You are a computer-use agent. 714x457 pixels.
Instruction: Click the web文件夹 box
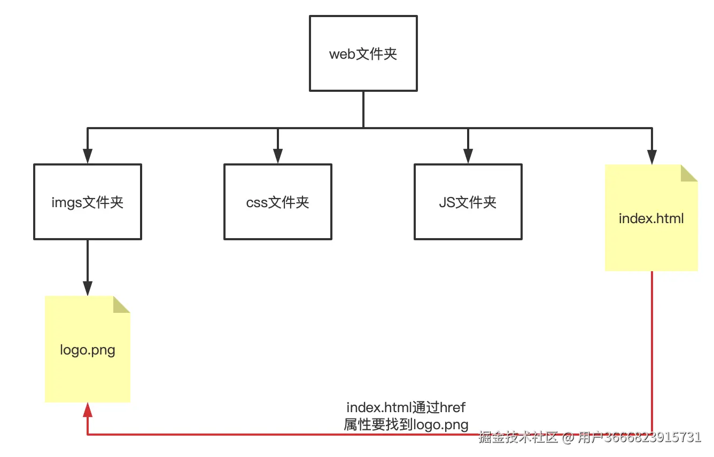click(363, 53)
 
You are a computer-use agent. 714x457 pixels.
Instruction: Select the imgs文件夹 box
click(88, 202)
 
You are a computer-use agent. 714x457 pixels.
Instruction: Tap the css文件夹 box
click(278, 202)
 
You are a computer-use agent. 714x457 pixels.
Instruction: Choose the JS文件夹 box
click(468, 202)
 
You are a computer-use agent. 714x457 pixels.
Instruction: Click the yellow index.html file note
click(651, 218)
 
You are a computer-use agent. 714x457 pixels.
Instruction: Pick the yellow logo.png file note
click(88, 350)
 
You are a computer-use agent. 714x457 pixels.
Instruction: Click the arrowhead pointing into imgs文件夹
click(88, 155)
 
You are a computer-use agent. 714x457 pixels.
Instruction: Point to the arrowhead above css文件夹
click(278, 155)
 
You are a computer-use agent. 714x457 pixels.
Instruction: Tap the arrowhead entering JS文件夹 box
click(468, 155)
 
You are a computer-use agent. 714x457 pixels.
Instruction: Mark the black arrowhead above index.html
click(651, 156)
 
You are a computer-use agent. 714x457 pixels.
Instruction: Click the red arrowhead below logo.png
click(88, 410)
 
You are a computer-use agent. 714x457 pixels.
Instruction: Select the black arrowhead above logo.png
click(88, 288)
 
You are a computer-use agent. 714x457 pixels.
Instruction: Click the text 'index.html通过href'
click(406, 408)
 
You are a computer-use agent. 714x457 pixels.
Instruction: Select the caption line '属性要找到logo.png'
click(406, 425)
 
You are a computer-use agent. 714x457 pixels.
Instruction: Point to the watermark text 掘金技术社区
click(518, 437)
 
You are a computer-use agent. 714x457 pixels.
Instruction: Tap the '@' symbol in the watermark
click(568, 438)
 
